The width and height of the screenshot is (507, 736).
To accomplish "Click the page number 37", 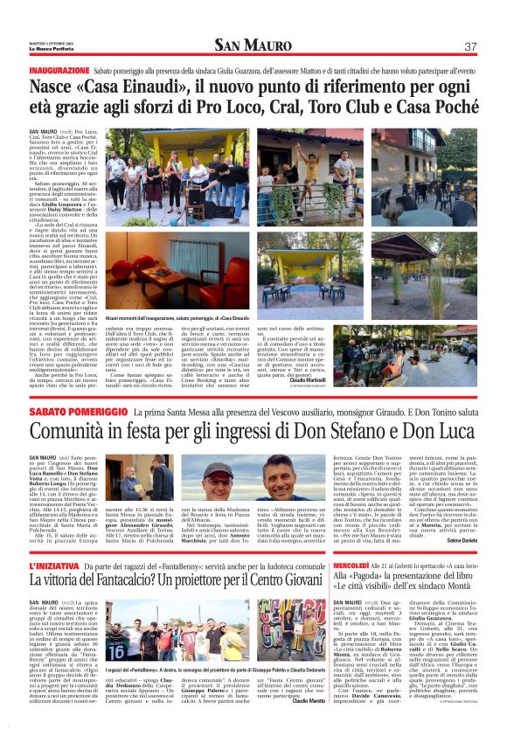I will click(470, 46).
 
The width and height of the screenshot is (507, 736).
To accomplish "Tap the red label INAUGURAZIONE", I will click(59, 69).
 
